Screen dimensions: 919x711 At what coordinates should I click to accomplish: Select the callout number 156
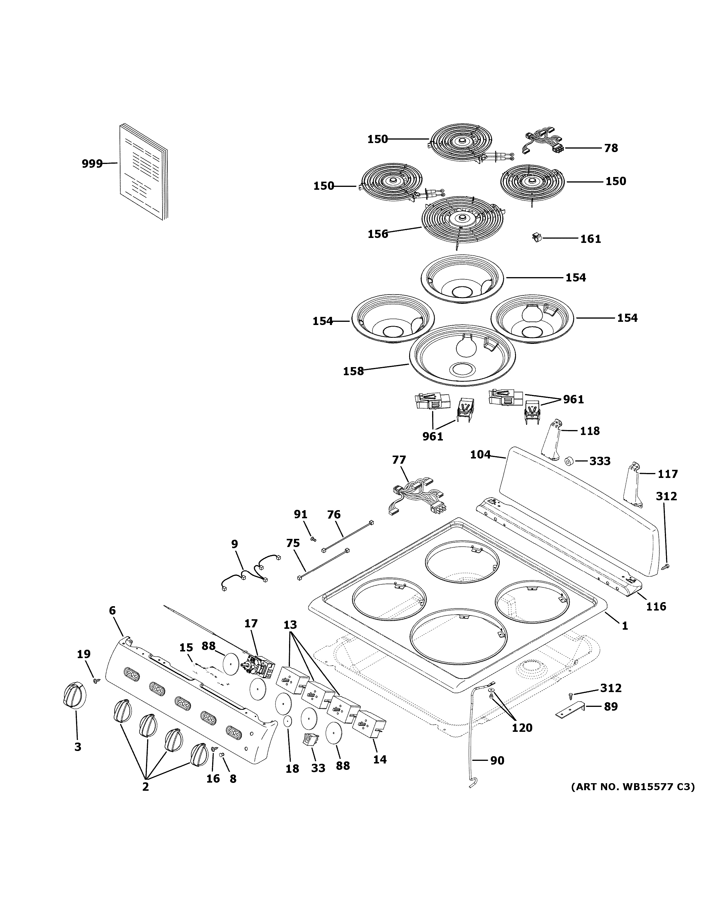(377, 234)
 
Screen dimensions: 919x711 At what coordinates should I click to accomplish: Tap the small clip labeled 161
(536, 238)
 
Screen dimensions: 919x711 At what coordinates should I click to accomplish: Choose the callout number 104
(480, 454)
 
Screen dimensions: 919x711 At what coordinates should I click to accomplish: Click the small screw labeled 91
(313, 538)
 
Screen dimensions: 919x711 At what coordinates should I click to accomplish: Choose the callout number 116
(656, 606)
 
